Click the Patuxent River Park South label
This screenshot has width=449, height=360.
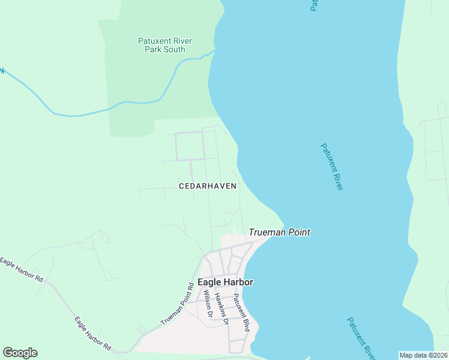click(x=165, y=45)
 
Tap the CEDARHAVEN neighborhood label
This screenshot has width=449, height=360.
click(x=208, y=186)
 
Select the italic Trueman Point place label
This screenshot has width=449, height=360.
click(x=280, y=232)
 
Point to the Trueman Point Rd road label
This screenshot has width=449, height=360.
click(x=178, y=304)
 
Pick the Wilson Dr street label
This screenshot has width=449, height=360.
click(x=208, y=304)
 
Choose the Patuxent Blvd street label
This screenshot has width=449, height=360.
click(x=241, y=313)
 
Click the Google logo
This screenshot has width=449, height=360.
click(x=20, y=353)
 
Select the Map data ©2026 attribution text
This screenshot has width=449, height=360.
click(x=424, y=355)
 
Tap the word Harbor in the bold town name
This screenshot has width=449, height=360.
click(x=239, y=282)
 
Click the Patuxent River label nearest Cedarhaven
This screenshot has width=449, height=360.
click(x=331, y=167)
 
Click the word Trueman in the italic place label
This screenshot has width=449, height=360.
click(x=267, y=232)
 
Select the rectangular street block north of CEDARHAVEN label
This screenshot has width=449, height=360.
click(x=189, y=146)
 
